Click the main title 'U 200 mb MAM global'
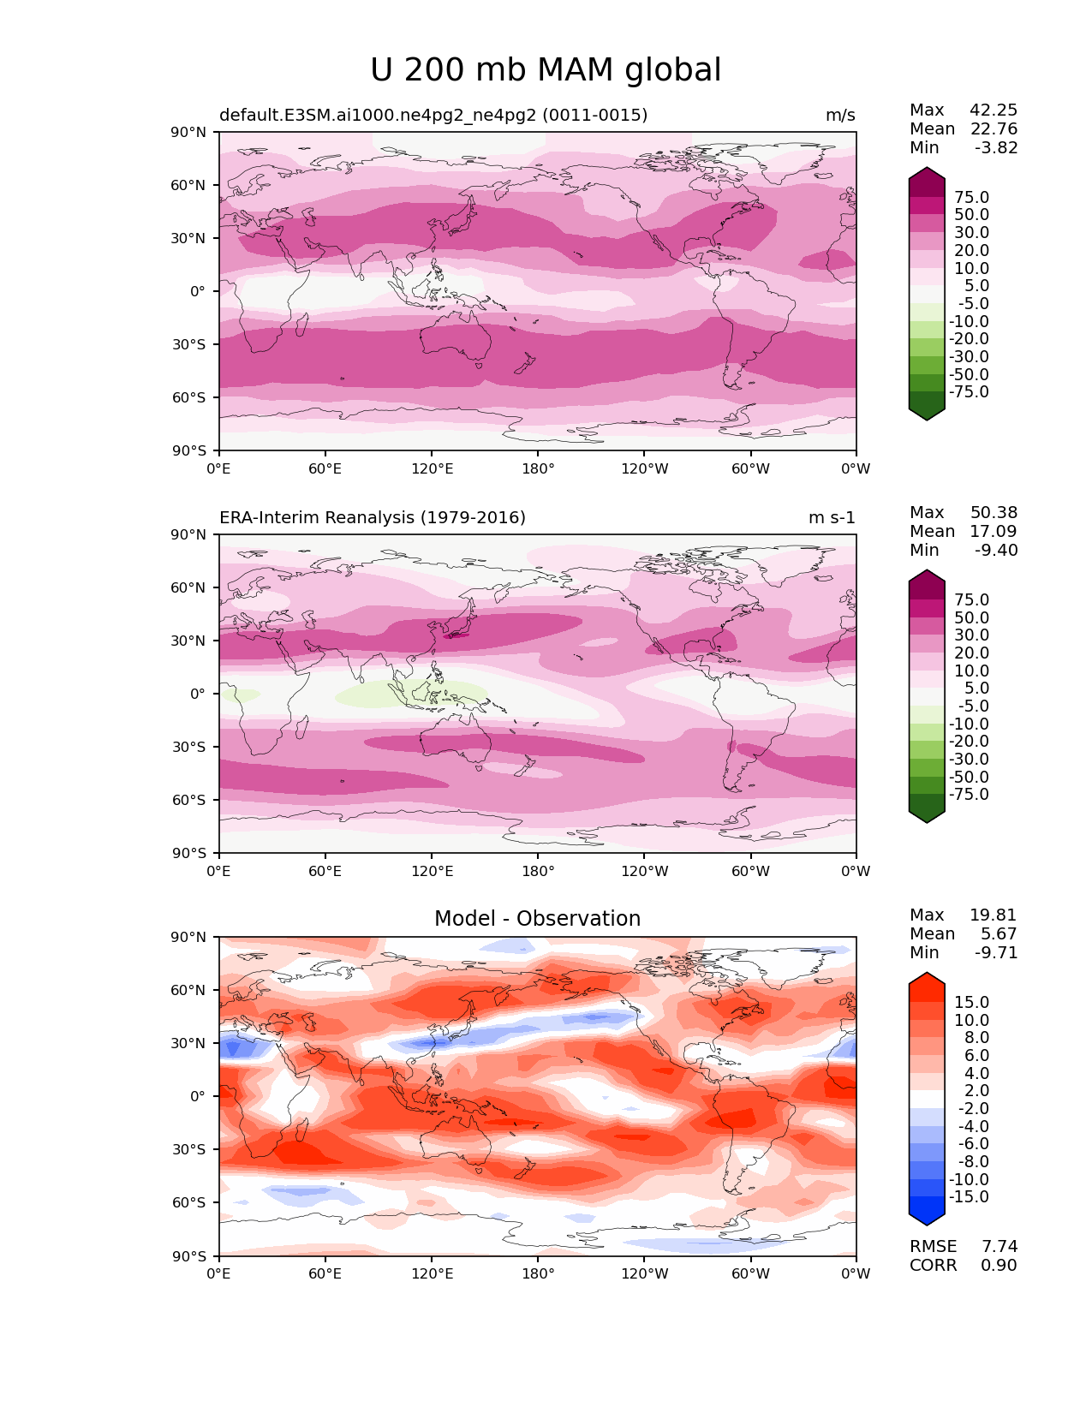click(x=546, y=70)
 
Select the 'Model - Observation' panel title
click(x=537, y=919)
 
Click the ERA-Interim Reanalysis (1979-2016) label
click(x=373, y=518)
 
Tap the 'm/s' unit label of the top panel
click(x=840, y=116)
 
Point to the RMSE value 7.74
click(x=999, y=1247)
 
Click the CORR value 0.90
click(x=999, y=1266)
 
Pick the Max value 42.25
click(x=994, y=110)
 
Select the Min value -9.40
click(x=996, y=551)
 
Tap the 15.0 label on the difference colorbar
click(x=971, y=1003)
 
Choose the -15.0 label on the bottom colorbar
click(x=969, y=1197)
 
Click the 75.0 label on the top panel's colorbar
click(x=971, y=198)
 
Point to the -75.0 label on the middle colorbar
click(x=969, y=795)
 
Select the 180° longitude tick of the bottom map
click(x=538, y=1274)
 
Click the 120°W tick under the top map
click(x=645, y=469)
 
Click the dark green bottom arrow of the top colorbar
click(x=927, y=414)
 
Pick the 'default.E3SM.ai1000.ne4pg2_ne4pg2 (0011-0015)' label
click(x=433, y=116)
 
